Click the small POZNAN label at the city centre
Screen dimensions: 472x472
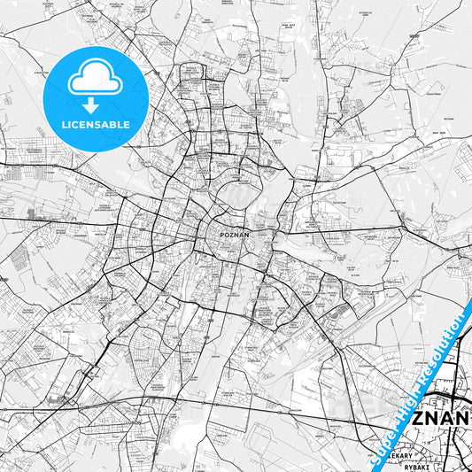(235, 235)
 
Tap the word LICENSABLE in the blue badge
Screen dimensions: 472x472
(96, 125)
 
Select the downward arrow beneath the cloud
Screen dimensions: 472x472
(95, 102)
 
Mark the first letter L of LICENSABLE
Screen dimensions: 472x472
(64, 125)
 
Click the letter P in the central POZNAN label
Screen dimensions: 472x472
(221, 235)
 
